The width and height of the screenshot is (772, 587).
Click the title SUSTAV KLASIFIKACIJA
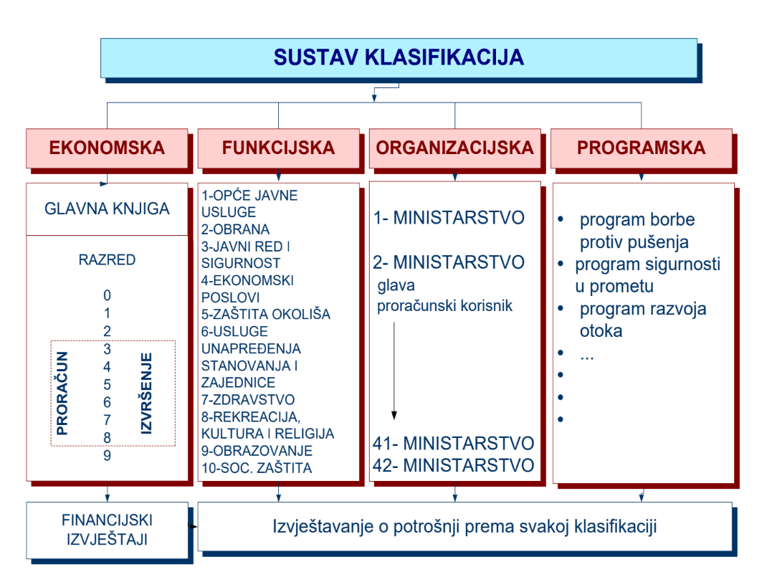pos(398,57)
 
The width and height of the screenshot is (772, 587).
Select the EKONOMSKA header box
pos(107,148)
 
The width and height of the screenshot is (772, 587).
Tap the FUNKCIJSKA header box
pos(278,148)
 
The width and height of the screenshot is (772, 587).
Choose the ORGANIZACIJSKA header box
pos(454,148)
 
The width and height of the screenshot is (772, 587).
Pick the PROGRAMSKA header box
pos(641,148)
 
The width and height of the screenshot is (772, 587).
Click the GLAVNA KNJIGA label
pos(107,209)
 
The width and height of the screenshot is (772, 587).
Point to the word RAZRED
pos(107,260)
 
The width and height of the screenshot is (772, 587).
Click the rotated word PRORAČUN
pos(62,393)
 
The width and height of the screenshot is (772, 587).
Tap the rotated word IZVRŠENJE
pos(147,393)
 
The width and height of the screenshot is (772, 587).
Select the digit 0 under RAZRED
pos(107,295)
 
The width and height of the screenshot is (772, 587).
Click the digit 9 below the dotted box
pos(107,455)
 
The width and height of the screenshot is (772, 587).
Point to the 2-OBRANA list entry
pos(236,229)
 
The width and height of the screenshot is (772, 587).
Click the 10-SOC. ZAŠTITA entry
pos(257,469)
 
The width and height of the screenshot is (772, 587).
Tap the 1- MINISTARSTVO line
pos(449,218)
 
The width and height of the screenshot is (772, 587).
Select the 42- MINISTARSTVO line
pos(453,465)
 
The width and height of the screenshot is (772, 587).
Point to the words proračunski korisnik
pos(445,306)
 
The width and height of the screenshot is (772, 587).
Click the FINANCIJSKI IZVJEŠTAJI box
pos(107,530)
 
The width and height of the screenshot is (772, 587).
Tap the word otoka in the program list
pos(601,331)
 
